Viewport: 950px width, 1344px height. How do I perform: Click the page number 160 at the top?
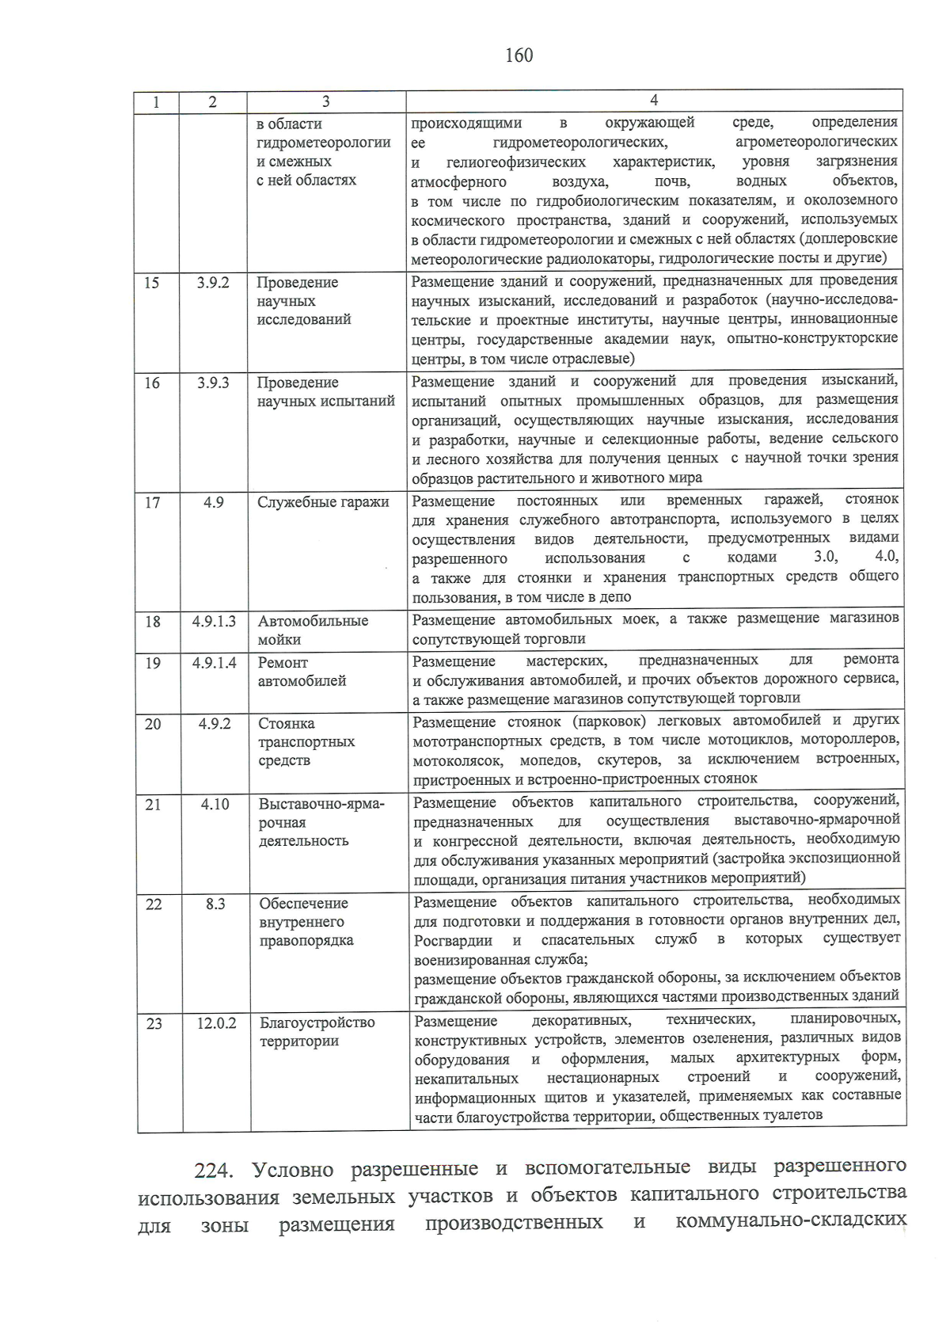519,55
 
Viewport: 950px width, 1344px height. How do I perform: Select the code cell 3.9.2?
213,283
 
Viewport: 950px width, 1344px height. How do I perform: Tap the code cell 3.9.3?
213,383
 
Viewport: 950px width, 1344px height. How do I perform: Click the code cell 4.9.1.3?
214,622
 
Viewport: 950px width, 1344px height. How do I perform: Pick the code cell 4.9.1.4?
214,663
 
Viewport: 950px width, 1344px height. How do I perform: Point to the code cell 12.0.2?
216,1023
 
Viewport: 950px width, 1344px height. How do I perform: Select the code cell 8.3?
215,904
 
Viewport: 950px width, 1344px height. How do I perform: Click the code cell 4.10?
215,804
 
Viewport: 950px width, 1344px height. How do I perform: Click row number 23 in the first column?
154,1023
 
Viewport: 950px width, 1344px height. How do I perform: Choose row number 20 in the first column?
153,723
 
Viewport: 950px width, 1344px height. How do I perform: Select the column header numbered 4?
654,100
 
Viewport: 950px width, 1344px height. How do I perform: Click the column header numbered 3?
325,101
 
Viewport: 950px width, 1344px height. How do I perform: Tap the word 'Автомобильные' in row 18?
313,621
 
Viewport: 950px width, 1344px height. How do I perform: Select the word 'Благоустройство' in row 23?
317,1022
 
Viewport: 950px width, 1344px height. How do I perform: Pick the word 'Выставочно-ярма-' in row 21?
321,804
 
